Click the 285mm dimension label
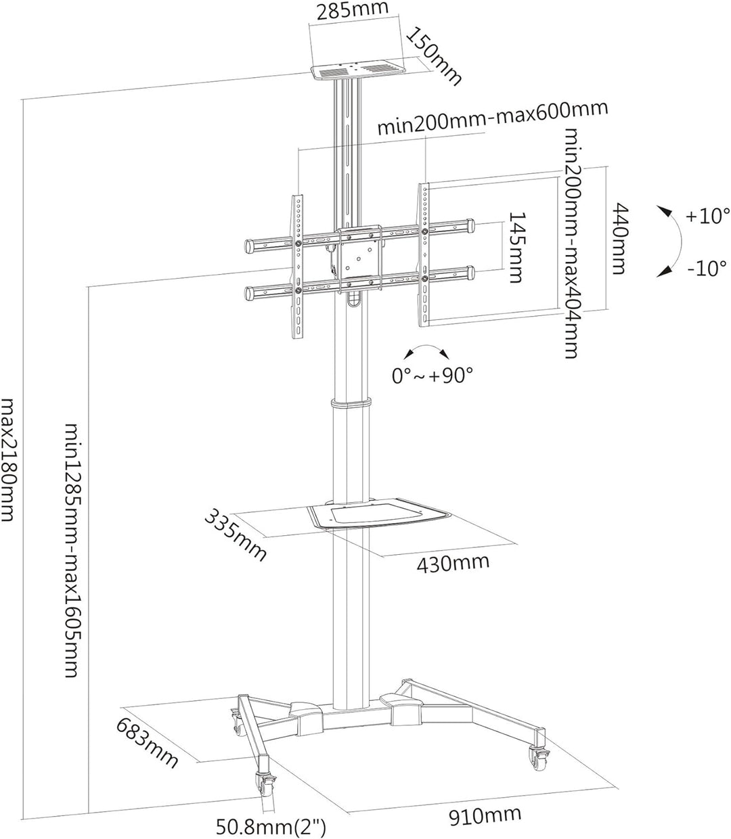pyautogui.click(x=356, y=9)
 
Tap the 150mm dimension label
pyautogui.click(x=433, y=56)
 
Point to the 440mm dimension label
pyautogui.click(x=619, y=237)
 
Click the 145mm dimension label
pyautogui.click(x=516, y=247)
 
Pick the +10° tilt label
pyautogui.click(x=707, y=217)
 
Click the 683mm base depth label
pyautogui.click(x=147, y=743)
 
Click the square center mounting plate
pyautogui.click(x=359, y=258)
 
